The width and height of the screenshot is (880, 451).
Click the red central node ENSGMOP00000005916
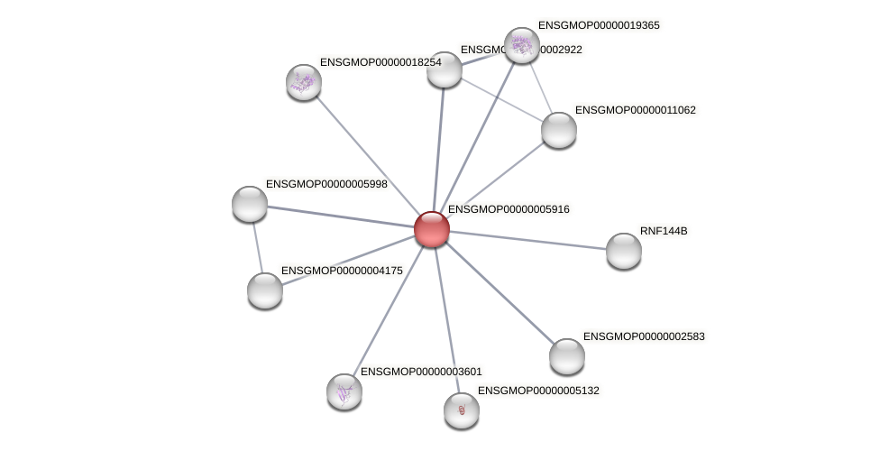click(432, 229)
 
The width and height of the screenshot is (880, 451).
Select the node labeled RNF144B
click(623, 251)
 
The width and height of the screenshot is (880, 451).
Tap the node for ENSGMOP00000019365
click(521, 45)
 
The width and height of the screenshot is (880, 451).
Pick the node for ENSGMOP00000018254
click(304, 82)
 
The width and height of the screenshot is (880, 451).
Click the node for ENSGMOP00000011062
click(559, 130)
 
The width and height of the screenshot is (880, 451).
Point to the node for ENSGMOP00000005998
click(250, 204)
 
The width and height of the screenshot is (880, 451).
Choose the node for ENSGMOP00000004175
click(265, 290)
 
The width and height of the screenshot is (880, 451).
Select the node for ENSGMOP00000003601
click(344, 391)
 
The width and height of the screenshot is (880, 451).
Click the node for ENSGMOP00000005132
click(462, 410)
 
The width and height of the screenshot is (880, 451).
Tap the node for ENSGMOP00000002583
click(567, 356)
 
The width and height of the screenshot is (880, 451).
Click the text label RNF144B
click(664, 231)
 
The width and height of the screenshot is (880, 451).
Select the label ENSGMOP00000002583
click(644, 336)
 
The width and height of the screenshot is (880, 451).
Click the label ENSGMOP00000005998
click(326, 184)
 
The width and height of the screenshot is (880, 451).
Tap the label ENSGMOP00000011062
click(636, 110)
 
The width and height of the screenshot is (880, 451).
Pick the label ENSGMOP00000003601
click(421, 372)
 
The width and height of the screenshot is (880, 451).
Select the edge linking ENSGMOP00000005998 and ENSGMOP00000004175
click(257, 247)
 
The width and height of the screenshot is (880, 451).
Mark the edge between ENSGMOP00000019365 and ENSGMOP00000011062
click(541, 88)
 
